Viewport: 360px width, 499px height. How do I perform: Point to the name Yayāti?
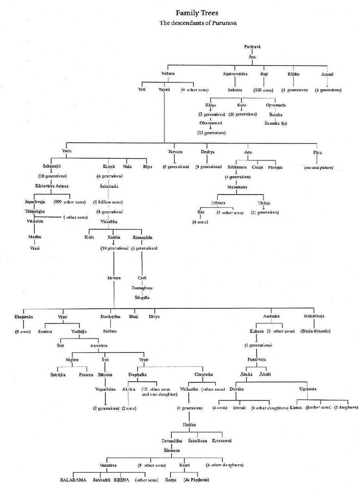(164, 90)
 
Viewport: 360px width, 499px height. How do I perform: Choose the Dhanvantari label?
(210, 124)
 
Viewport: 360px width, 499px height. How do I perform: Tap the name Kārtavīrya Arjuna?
(52, 185)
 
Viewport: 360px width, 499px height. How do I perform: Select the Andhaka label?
(271, 316)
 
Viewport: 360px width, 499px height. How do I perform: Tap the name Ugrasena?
(307, 389)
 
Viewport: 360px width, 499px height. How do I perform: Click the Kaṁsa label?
(296, 407)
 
